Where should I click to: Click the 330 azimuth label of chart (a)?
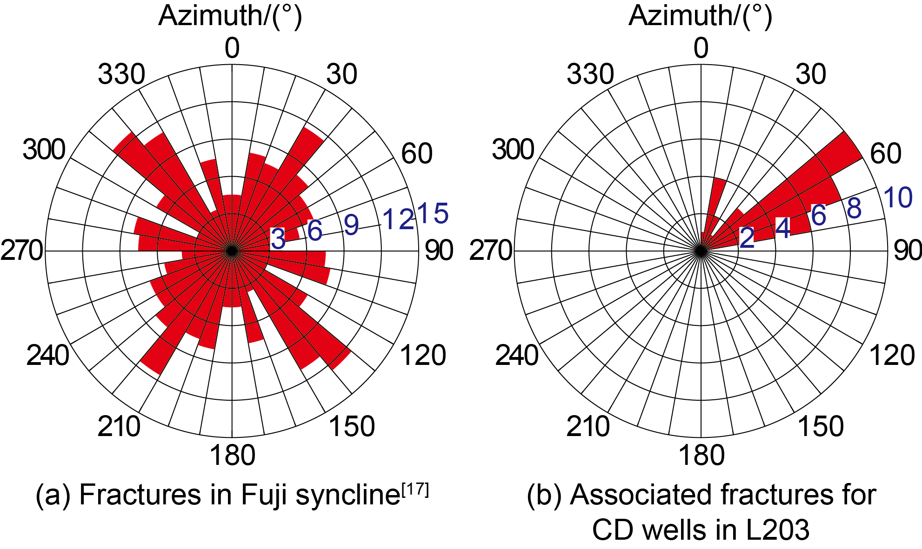121,74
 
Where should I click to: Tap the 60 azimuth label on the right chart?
886,153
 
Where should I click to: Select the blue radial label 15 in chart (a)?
433,213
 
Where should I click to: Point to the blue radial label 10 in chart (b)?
898,197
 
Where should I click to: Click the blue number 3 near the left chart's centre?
278,239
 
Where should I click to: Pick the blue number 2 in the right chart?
747,238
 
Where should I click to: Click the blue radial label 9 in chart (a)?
352,225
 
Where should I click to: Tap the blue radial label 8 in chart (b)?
854,208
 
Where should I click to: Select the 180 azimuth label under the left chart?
232,455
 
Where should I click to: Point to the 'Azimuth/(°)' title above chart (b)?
700,16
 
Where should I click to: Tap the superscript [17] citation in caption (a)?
415,490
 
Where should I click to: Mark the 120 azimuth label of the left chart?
423,356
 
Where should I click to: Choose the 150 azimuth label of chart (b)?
821,426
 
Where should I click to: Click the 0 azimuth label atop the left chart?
232,48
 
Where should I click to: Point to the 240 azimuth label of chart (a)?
47,356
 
